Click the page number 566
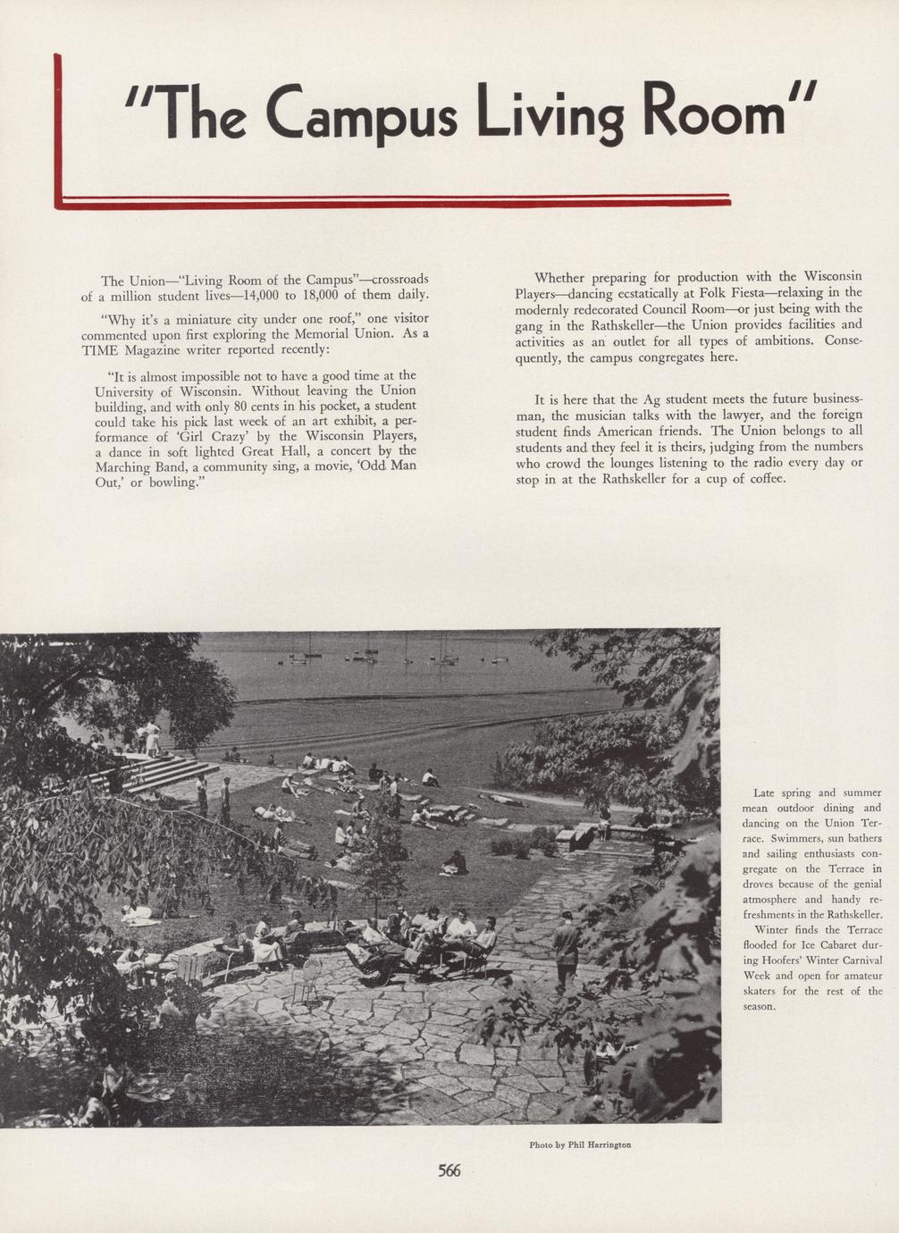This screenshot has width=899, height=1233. click(449, 1170)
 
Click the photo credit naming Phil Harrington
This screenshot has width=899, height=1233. click(580, 1145)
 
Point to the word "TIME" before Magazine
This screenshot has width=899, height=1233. click(99, 349)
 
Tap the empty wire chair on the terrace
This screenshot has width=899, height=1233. click(307, 978)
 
